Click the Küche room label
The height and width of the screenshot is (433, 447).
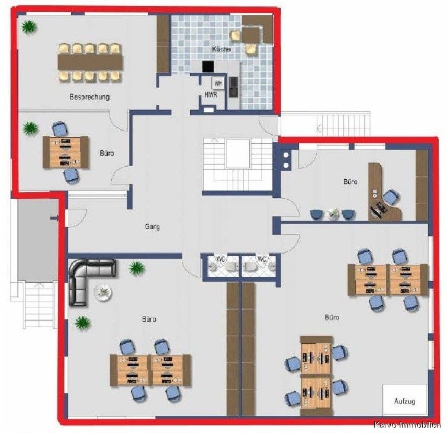[x=221, y=49]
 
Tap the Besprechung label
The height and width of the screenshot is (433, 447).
[x=89, y=97]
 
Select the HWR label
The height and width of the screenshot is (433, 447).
[x=211, y=95]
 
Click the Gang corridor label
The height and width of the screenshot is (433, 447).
[x=152, y=227]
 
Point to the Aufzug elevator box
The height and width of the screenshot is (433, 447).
[x=405, y=399]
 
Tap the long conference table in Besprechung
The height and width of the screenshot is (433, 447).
[x=90, y=62]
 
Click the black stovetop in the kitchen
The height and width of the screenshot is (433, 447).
[x=208, y=67]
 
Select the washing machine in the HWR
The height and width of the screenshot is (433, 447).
[x=218, y=84]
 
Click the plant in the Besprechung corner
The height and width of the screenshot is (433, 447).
[x=29, y=27]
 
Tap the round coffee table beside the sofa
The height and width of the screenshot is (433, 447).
[x=102, y=292]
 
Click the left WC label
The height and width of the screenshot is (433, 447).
[x=221, y=259]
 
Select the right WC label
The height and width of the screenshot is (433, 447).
[x=262, y=259]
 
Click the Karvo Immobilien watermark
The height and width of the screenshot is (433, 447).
[x=408, y=425]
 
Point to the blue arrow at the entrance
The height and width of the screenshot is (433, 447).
[x=54, y=218]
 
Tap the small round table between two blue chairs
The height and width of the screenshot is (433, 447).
[x=333, y=213]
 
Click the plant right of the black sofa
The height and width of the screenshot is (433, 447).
[x=137, y=269]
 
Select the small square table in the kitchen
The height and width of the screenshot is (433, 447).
[x=250, y=35]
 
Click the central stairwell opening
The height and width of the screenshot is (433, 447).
[x=237, y=154]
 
